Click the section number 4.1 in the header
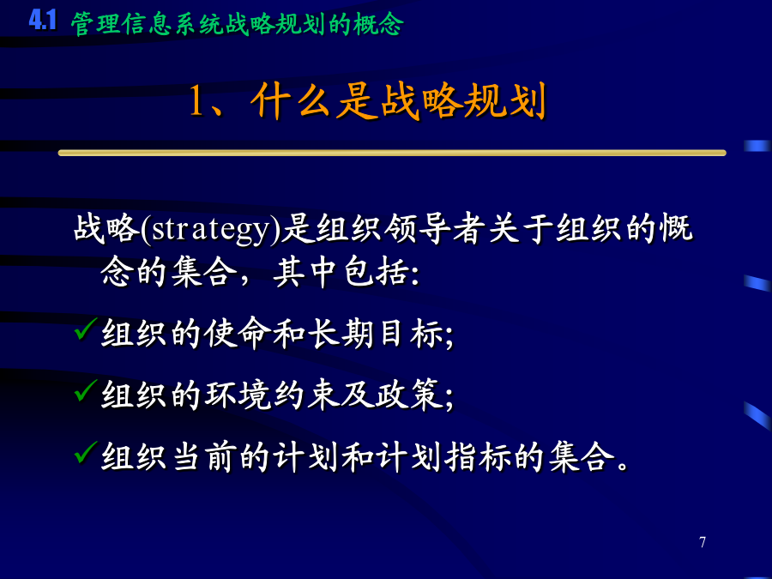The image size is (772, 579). pos(42,21)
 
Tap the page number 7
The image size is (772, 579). pos(703,542)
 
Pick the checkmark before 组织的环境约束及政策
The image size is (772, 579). pos(85,390)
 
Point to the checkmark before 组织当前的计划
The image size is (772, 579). pos(85,452)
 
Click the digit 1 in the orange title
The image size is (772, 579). pos(196,100)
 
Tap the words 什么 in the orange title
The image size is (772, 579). pos(290,101)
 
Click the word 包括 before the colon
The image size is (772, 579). pos(376,272)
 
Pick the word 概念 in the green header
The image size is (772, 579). pos(378,24)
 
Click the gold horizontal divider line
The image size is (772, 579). pos(392,154)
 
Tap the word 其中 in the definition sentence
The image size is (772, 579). pos(305,272)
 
